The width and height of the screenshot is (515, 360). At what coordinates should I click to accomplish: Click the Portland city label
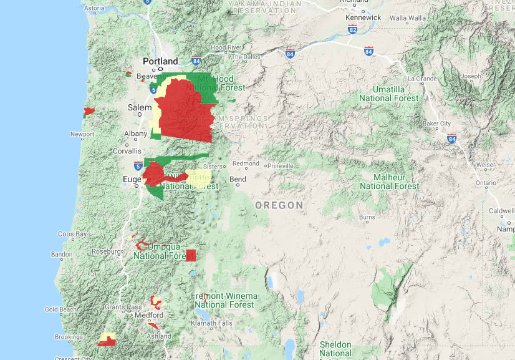point(160,61)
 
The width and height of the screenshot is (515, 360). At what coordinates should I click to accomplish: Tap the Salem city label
point(140,107)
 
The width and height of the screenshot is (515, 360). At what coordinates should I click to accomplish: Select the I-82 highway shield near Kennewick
point(353,29)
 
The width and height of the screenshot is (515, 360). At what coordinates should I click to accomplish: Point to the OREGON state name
point(279,205)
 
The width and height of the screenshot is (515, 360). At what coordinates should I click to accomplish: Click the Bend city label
point(238,179)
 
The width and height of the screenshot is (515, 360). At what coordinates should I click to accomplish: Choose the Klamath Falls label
point(213,323)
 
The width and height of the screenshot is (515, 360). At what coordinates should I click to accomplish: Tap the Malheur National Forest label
point(390,182)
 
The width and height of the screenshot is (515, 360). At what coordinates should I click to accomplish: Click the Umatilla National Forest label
point(389,94)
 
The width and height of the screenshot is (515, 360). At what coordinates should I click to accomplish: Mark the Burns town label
point(367,217)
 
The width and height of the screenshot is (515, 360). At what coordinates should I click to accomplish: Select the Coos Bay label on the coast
point(73,234)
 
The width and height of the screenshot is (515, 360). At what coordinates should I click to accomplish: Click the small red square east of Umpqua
point(191,255)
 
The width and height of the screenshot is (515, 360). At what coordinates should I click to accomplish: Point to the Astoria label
point(94,8)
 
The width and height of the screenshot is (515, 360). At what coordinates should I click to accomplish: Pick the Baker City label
point(436,124)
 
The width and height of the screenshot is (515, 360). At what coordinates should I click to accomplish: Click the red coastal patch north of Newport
point(89,112)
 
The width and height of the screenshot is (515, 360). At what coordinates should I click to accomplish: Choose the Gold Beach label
point(60,309)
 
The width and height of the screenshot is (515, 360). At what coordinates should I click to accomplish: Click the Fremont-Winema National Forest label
point(224,300)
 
